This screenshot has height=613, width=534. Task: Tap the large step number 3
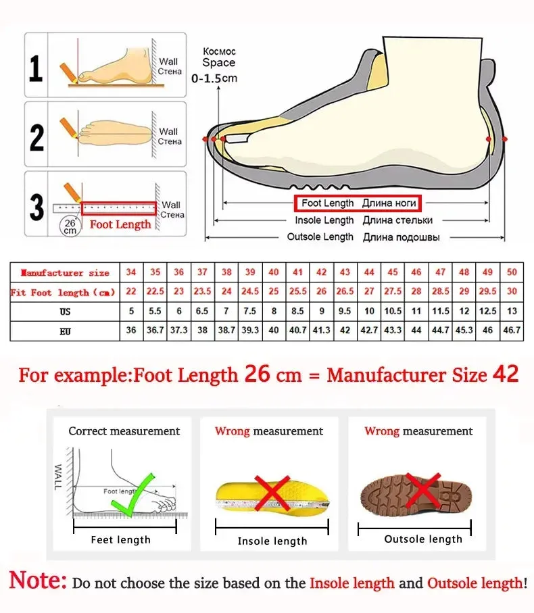(37, 207)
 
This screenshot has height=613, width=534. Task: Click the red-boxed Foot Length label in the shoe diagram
(357, 203)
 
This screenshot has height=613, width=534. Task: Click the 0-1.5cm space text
(215, 78)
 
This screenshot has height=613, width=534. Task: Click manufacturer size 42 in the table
(322, 272)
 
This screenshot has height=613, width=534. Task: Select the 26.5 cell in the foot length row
(345, 292)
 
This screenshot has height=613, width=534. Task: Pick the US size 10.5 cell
(393, 312)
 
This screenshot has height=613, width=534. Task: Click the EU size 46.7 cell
(512, 331)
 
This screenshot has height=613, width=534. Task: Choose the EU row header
(65, 331)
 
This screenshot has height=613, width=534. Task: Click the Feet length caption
(121, 539)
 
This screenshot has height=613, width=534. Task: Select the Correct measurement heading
(124, 431)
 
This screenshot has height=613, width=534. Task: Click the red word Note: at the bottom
(38, 581)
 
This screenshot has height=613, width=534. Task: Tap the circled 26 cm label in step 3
(70, 226)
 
